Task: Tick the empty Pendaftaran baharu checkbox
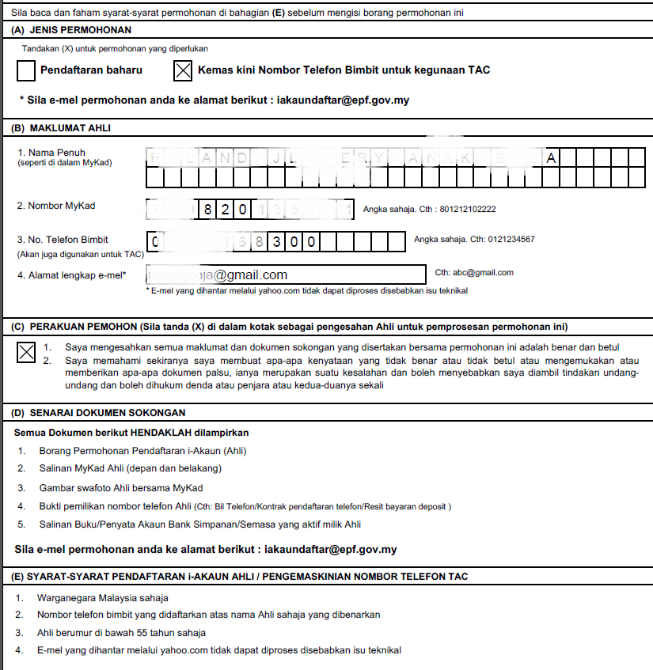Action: (26, 71)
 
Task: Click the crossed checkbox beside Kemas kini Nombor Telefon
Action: (183, 71)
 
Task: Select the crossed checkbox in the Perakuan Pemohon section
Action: (26, 352)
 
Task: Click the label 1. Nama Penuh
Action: (51, 152)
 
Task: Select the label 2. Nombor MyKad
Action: (56, 206)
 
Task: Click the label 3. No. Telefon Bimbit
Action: (63, 240)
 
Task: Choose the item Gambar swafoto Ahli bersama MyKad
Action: (121, 487)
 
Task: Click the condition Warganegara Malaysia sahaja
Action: (103, 598)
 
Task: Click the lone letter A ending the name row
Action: (551, 158)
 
